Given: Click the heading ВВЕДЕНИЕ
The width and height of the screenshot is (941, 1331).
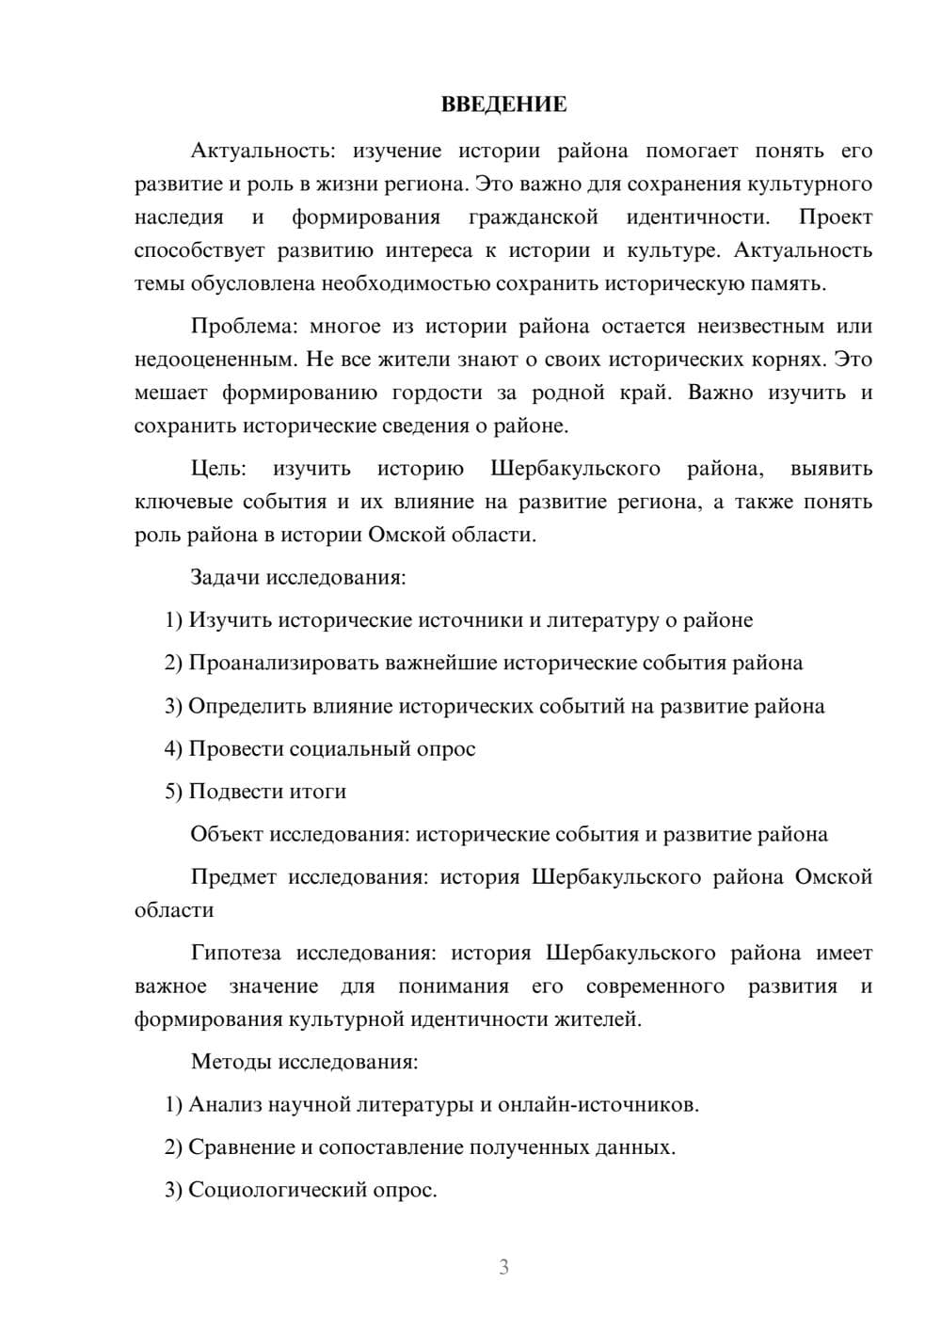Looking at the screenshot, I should point(503,104).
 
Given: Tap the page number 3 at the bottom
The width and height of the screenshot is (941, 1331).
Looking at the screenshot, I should point(503,1267).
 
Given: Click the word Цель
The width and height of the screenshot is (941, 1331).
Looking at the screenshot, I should point(217,469).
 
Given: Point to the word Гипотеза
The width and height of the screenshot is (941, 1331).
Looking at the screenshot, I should point(235,954).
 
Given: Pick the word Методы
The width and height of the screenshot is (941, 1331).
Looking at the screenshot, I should point(231,1062).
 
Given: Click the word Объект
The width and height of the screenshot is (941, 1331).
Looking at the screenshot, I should point(227,834).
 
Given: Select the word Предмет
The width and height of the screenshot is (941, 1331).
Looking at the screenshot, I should point(233,877).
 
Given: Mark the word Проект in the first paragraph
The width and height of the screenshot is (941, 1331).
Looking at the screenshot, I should point(836,217).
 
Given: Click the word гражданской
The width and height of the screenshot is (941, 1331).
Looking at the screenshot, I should point(534,217).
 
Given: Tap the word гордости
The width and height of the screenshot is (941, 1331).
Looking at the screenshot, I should point(436,393).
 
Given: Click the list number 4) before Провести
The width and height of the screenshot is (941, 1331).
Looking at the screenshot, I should point(173,749).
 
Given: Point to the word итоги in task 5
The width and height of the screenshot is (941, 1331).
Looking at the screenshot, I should point(319,792).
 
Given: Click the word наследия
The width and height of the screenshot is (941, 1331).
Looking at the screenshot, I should point(179,217).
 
